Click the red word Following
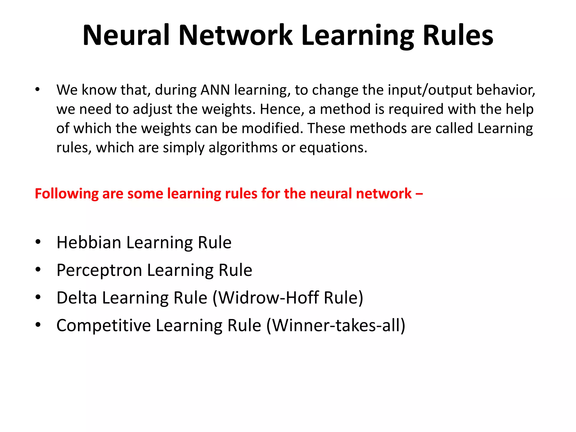[x=66, y=194]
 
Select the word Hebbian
[x=89, y=242]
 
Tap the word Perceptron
[x=99, y=270]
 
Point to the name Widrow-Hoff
[x=269, y=298]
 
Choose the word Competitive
[x=103, y=325]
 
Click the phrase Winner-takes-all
[x=336, y=325]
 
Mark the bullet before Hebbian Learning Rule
[x=38, y=242]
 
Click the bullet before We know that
[x=37, y=90]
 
